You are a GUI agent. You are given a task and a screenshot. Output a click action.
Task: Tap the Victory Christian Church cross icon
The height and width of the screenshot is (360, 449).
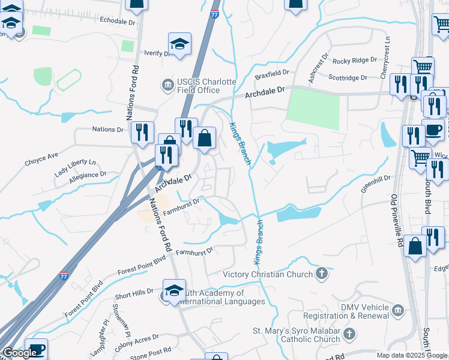pyautogui.click(x=322, y=274)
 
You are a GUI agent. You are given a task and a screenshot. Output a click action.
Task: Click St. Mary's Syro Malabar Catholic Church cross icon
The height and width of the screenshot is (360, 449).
pyautogui.click(x=350, y=332)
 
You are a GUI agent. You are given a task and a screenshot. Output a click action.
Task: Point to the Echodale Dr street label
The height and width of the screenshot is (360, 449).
pyautogui.click(x=119, y=20)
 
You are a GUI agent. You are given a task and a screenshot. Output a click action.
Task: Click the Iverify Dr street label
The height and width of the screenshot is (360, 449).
pyautogui.click(x=158, y=53)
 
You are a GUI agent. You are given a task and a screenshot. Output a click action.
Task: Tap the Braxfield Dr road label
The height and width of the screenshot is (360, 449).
pyautogui.click(x=272, y=77)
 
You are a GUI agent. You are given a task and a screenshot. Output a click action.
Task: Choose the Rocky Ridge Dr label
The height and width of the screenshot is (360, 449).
pyautogui.click(x=355, y=61)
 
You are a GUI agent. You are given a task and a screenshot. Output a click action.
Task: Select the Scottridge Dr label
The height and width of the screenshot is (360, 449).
pyautogui.click(x=348, y=77)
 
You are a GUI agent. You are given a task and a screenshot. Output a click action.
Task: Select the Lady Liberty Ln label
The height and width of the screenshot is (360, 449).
pyautogui.click(x=75, y=166)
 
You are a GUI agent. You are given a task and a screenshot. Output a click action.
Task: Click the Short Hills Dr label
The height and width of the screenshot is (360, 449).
pyautogui.click(x=134, y=295)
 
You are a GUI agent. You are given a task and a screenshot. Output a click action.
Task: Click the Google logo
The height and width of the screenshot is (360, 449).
pyautogui.click(x=19, y=353)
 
